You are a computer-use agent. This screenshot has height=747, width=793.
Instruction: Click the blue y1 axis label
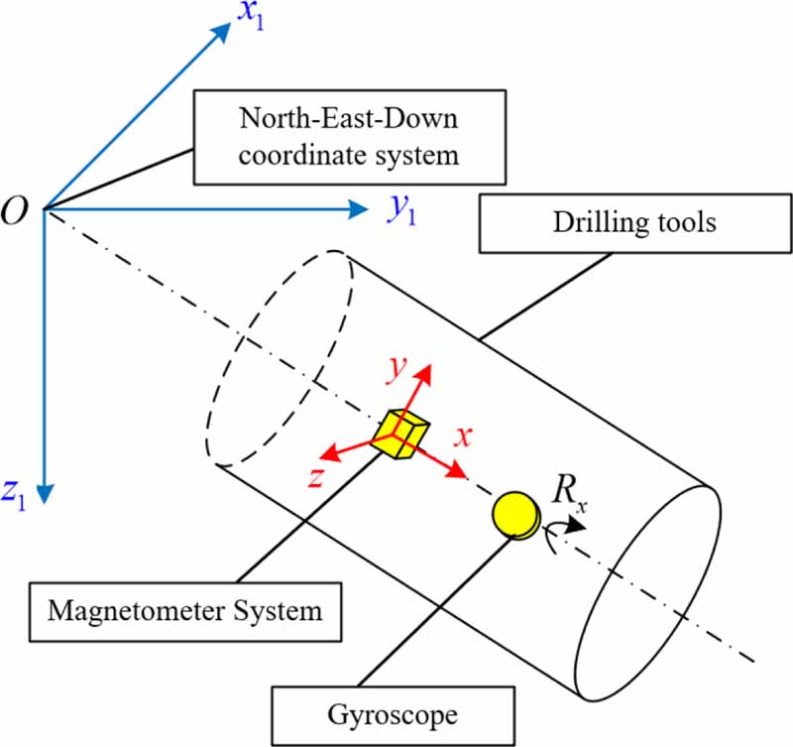tap(400, 210)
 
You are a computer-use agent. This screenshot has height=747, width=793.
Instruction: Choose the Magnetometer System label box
tap(182, 609)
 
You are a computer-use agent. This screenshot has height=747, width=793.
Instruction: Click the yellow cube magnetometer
tap(402, 434)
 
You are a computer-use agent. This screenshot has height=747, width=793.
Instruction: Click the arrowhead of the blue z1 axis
tap(44, 493)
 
